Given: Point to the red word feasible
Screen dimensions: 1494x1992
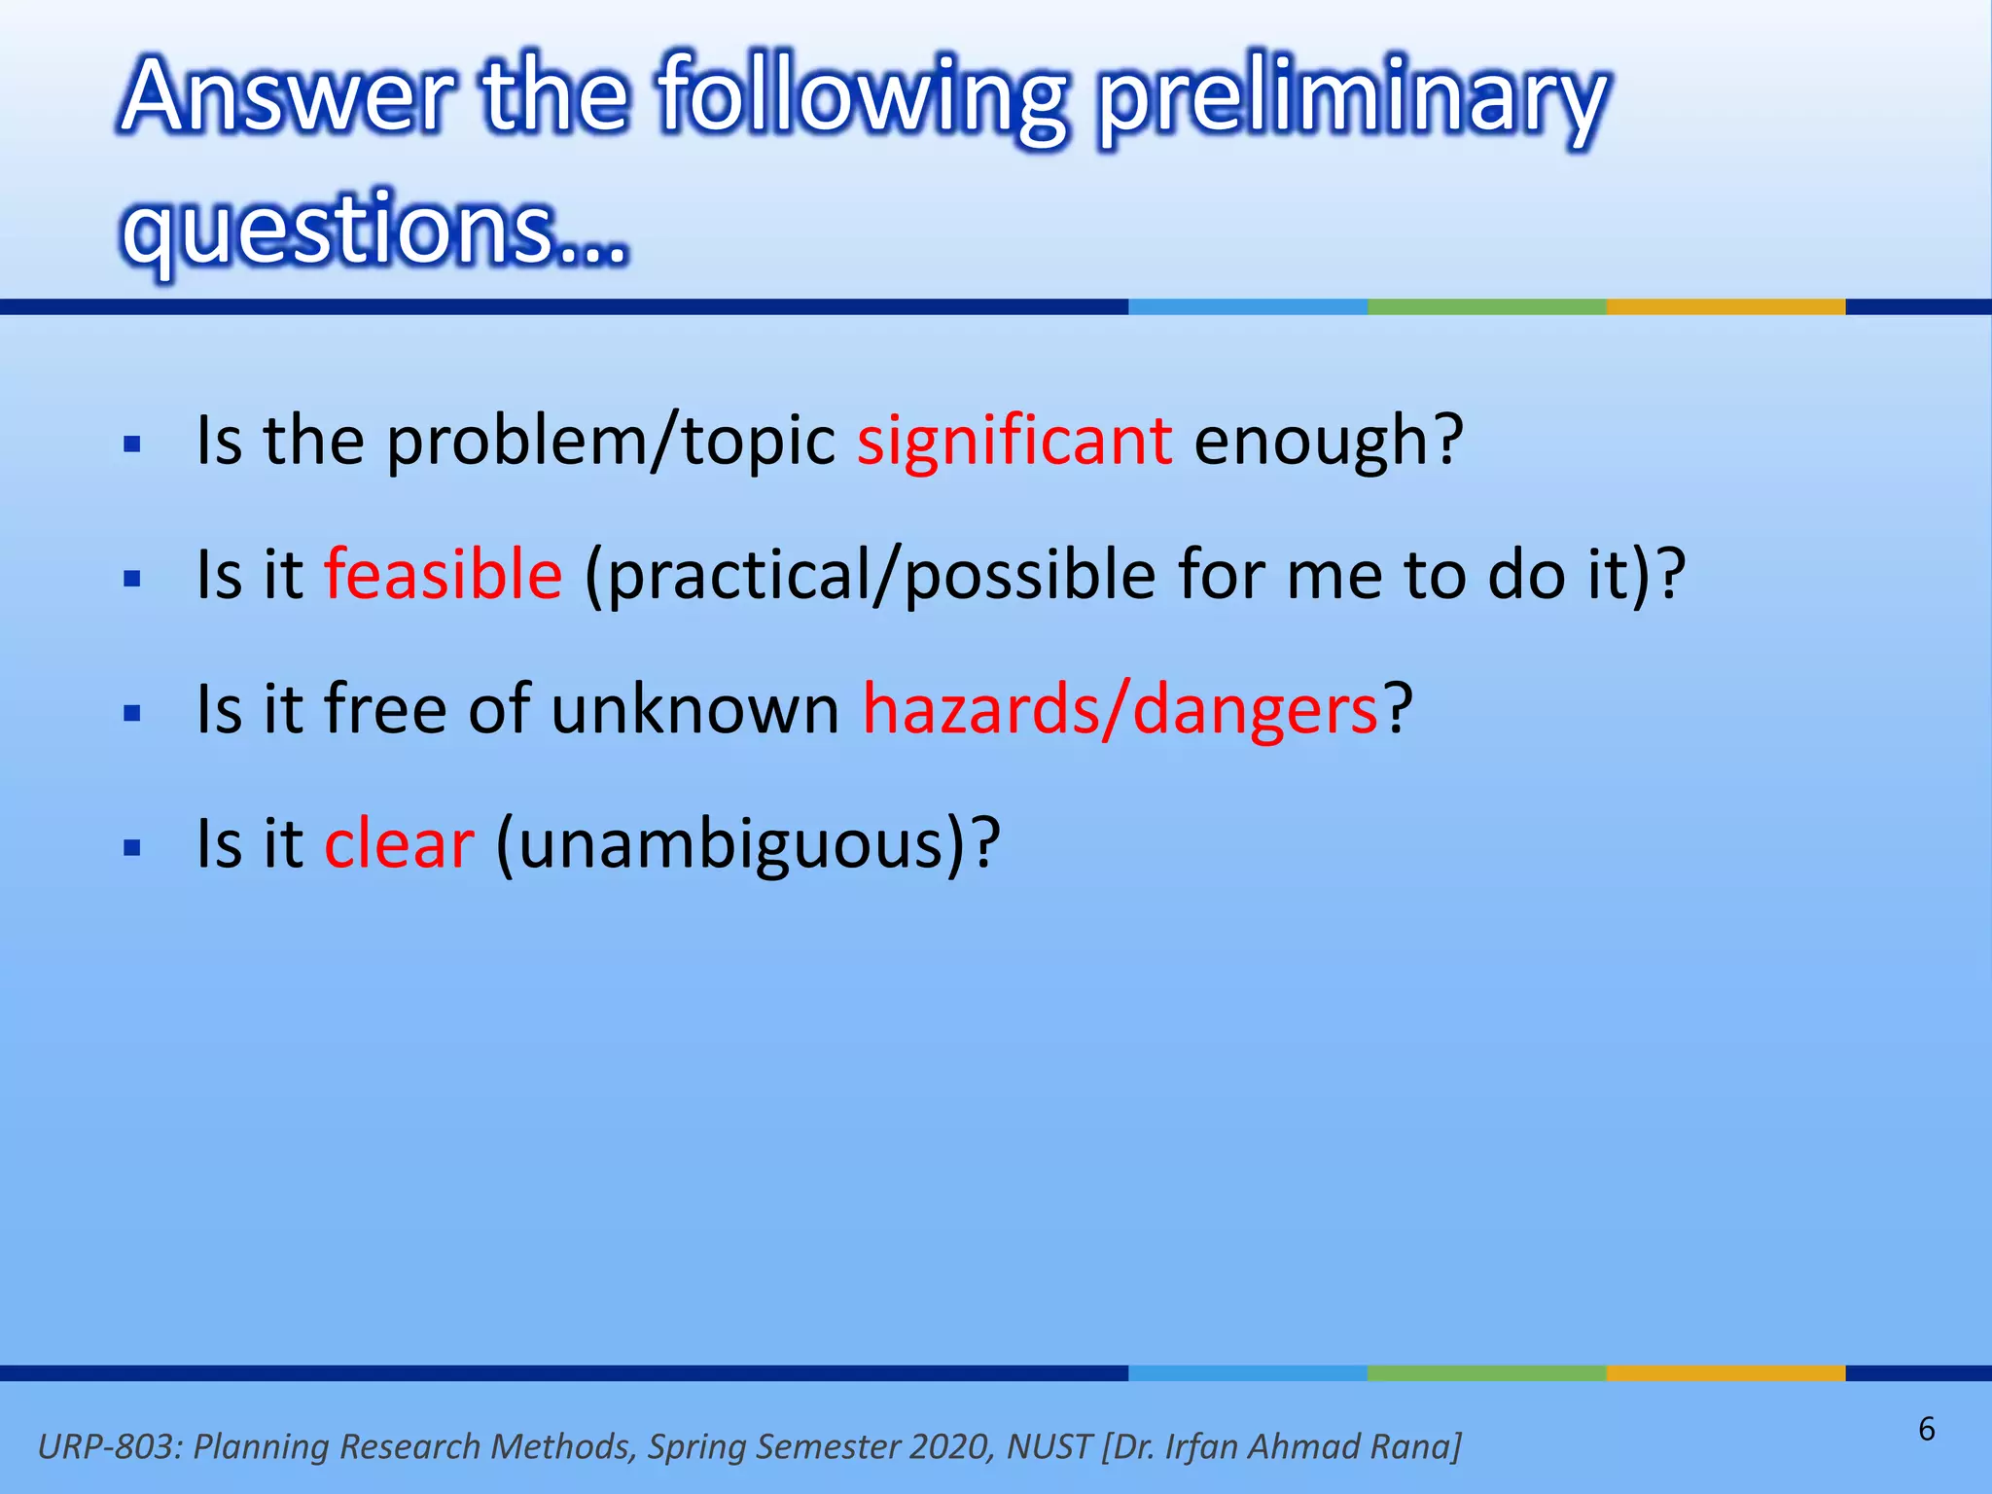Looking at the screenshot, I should click(443, 574).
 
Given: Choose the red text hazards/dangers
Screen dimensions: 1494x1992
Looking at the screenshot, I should click(1120, 710).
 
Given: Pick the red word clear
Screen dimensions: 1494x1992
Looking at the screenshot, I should click(399, 843).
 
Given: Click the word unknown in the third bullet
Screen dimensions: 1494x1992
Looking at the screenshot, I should click(694, 710).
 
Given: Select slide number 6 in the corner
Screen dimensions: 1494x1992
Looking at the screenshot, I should click(1926, 1430).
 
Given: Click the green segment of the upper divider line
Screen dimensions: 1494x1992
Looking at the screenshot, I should click(1486, 307).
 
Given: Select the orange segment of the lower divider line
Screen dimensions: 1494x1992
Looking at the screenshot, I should click(1725, 1373).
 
